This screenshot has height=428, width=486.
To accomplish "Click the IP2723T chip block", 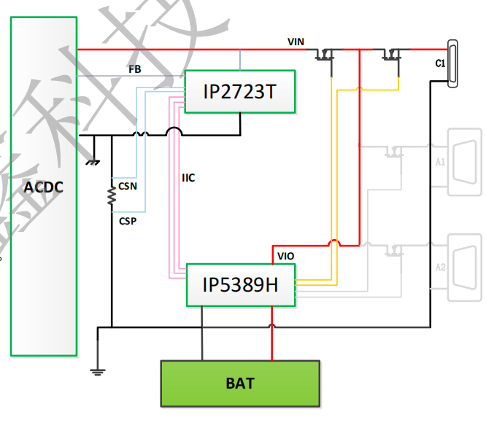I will (239, 92).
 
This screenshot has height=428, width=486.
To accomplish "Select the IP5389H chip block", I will (240, 283).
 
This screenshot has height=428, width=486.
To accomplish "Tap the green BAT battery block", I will (240, 383).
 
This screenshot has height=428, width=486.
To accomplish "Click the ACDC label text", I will (43, 187).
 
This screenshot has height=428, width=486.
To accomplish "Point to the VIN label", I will (296, 43).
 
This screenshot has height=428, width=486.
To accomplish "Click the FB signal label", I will (135, 70).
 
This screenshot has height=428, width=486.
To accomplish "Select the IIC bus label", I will (188, 177).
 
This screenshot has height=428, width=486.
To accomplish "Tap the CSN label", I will (128, 186).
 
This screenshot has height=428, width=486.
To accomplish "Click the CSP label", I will (128, 220).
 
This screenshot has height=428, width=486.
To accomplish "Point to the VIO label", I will (286, 256).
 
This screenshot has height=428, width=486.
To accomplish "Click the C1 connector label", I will (440, 64).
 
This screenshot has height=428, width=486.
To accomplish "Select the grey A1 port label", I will (441, 162).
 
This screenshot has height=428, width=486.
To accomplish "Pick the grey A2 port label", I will (441, 267).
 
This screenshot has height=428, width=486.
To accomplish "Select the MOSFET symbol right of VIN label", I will (325, 55).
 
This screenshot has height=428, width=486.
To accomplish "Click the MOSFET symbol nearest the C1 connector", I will (393, 55).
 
